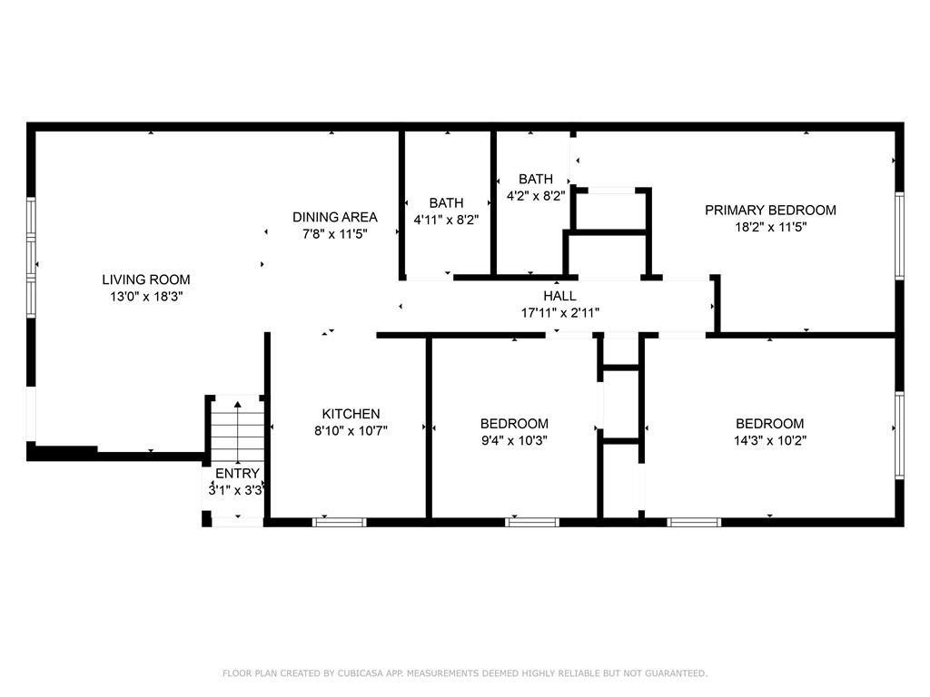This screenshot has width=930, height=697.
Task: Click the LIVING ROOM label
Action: coord(145,280)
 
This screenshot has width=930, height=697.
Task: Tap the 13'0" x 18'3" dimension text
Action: coord(145,296)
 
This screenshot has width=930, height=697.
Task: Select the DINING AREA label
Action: coord(334,217)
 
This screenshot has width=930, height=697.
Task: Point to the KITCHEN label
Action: coord(351,414)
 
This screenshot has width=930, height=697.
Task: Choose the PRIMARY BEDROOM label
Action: coord(770,210)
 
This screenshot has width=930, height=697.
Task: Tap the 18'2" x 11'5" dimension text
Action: coord(770,226)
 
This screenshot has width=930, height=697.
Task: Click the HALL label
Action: coord(559,296)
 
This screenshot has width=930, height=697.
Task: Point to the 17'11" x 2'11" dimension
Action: coord(559,312)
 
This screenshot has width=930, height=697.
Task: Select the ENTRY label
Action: coord(237,473)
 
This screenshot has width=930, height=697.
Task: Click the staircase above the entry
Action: coord(237,431)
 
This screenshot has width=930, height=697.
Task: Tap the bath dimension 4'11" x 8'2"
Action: coord(446,219)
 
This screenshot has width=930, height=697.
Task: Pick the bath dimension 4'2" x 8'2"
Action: coord(536,195)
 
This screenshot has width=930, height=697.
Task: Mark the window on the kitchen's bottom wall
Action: coord(340,522)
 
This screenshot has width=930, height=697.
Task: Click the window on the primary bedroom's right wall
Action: coord(899,233)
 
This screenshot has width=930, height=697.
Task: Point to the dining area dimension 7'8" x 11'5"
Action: coord(334,233)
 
